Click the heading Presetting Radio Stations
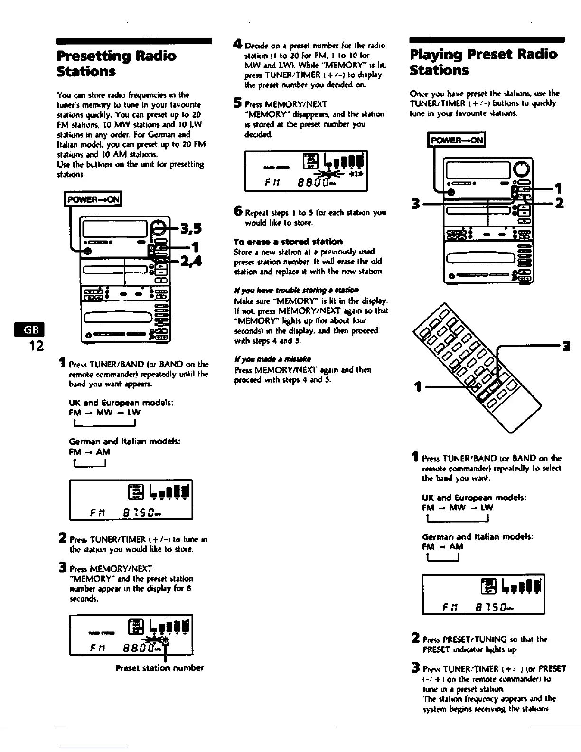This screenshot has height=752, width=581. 116,64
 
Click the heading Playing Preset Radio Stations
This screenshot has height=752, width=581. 483,62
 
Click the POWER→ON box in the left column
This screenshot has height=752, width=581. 94,199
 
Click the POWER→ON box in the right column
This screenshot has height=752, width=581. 457,141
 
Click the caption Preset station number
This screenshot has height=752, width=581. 159,668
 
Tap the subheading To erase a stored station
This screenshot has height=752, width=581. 288,241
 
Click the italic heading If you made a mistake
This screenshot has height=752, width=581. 273,359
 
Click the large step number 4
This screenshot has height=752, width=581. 239,46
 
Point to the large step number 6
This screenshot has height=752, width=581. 239,212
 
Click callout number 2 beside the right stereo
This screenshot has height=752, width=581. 559,204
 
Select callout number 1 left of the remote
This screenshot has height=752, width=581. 418,387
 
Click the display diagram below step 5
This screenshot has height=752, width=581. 306,171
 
